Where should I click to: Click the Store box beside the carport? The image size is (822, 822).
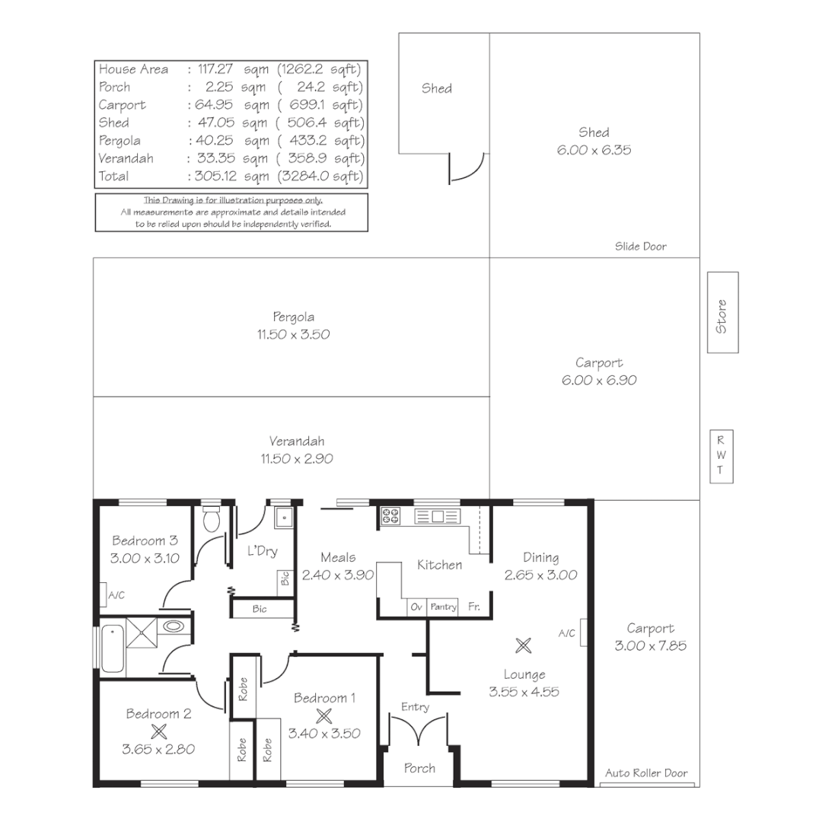pyautogui.click(x=722, y=313)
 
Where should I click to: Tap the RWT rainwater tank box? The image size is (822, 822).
pyautogui.click(x=721, y=457)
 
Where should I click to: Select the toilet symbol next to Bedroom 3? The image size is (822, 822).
pyautogui.click(x=212, y=519)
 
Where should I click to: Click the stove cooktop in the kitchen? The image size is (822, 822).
pyautogui.click(x=390, y=517)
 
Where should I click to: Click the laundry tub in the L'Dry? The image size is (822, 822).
pyautogui.click(x=283, y=518)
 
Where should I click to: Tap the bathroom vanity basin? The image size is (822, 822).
pyautogui.click(x=174, y=627)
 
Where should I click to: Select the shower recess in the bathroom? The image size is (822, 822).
pyautogui.click(x=142, y=629)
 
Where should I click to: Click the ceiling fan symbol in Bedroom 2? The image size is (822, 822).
pyautogui.click(x=158, y=731)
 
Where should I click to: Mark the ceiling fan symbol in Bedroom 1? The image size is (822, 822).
pyautogui.click(x=324, y=715)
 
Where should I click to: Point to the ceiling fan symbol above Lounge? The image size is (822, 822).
pyautogui.click(x=523, y=646)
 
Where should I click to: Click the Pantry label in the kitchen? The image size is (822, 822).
pyautogui.click(x=444, y=607)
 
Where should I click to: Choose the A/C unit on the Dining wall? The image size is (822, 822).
pyautogui.click(x=583, y=632)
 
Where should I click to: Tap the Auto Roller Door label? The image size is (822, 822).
pyautogui.click(x=646, y=773)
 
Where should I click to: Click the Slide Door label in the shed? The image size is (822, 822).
pyautogui.click(x=640, y=247)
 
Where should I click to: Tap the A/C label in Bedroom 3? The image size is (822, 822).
pyautogui.click(x=116, y=595)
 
